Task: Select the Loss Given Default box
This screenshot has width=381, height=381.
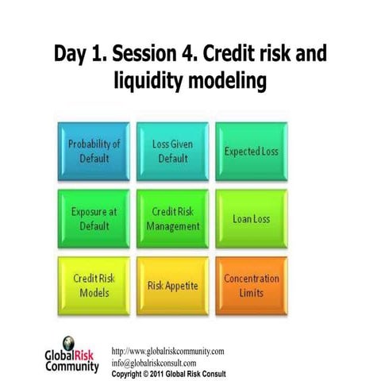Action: [172, 150]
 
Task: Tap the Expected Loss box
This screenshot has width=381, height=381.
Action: [252, 150]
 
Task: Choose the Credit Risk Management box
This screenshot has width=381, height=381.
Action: [172, 218]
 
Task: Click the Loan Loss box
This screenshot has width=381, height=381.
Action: [252, 218]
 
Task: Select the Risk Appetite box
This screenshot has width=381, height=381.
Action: [172, 285]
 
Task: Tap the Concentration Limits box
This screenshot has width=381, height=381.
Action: [252, 285]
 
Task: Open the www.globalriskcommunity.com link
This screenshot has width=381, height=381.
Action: [167, 351]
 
